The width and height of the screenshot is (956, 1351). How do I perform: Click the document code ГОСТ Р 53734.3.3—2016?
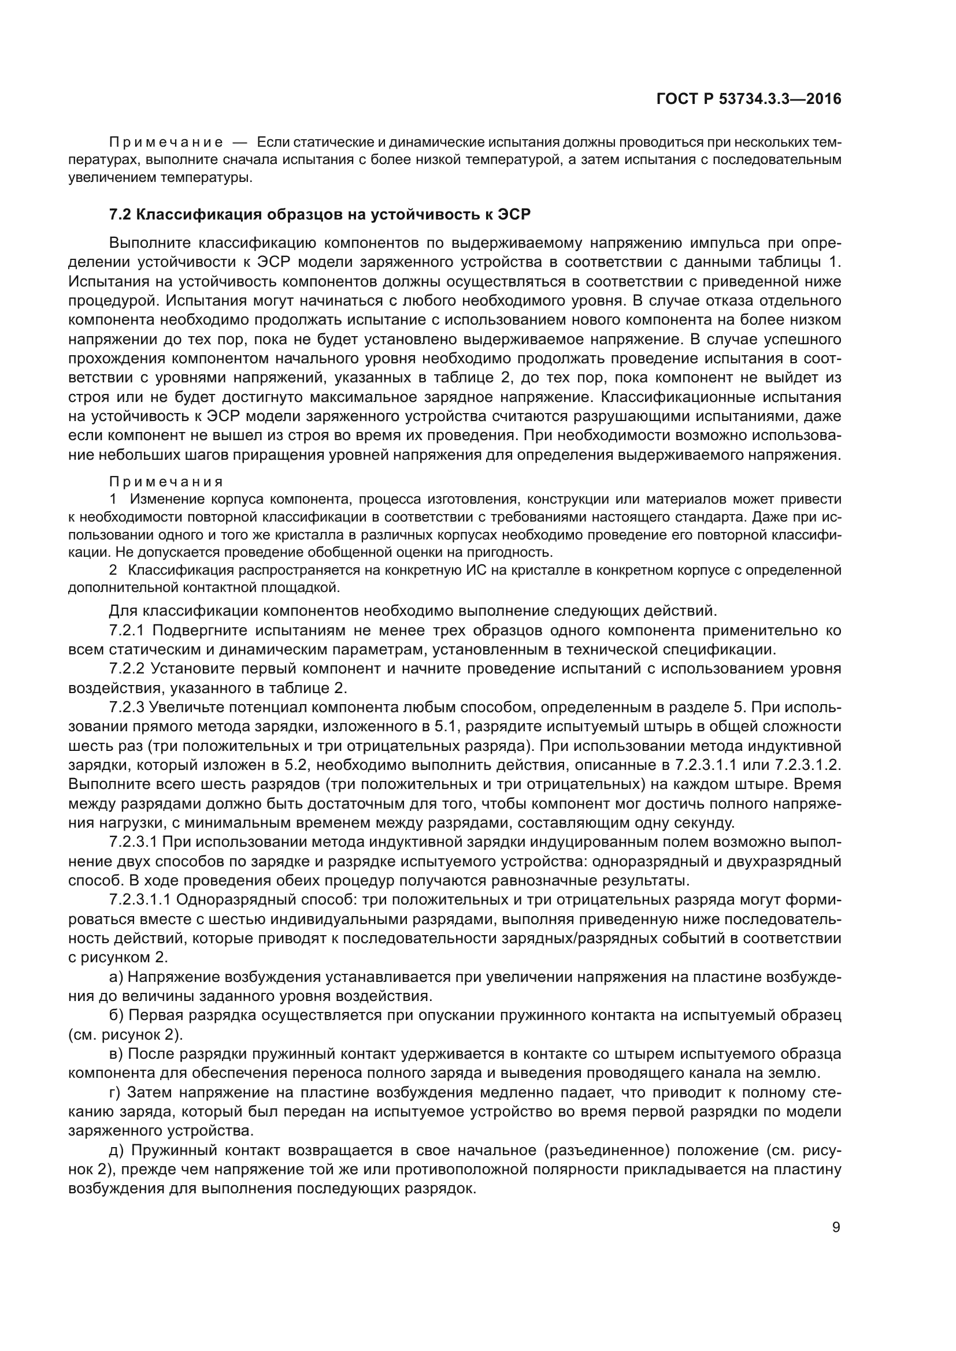pyautogui.click(x=748, y=99)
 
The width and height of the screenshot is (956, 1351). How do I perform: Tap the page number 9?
pyautogui.click(x=836, y=1227)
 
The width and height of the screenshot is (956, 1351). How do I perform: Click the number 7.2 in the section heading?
pyautogui.click(x=120, y=214)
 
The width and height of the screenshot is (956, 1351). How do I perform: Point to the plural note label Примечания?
pyautogui.click(x=166, y=482)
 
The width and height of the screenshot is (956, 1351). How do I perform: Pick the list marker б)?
pyautogui.click(x=117, y=1015)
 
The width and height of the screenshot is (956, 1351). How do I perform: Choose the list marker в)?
pyautogui.click(x=117, y=1054)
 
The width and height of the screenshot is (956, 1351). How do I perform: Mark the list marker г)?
pyautogui.click(x=116, y=1092)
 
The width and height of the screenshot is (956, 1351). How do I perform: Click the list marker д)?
pyautogui.click(x=117, y=1150)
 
